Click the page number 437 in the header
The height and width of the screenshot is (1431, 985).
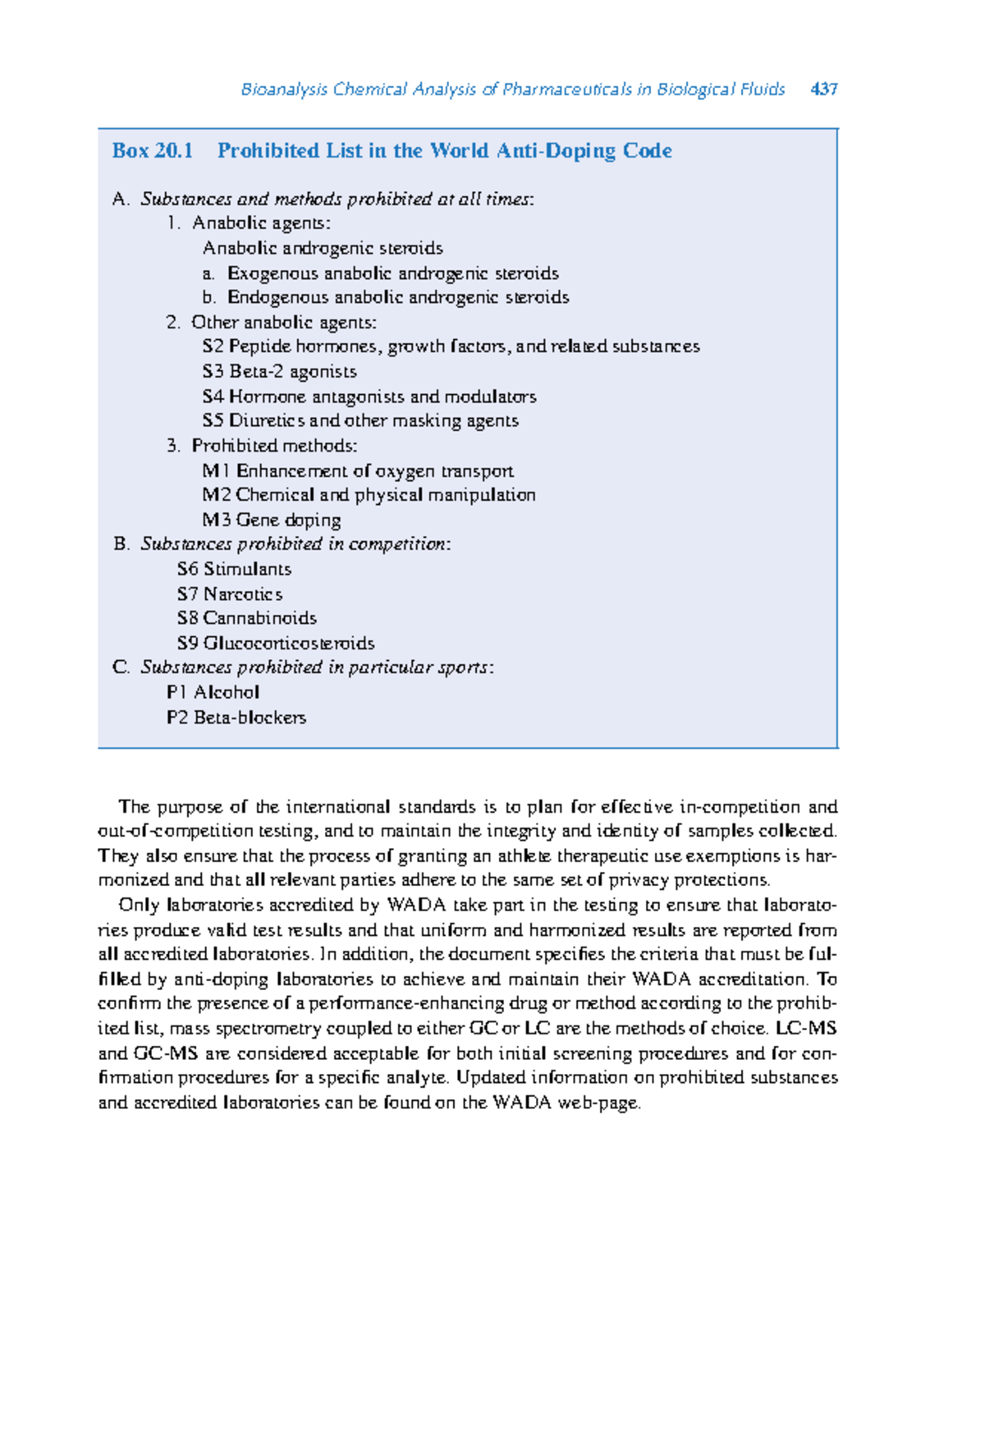[823, 89]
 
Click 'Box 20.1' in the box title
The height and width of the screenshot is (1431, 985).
[153, 151]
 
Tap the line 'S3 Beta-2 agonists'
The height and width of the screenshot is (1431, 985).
[279, 372]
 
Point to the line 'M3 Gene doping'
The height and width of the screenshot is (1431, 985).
[271, 520]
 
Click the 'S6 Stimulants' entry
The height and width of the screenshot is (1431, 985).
[234, 569]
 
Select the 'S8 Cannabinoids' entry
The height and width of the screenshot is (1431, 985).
[246, 618]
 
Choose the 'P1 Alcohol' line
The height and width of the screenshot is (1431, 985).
[213, 692]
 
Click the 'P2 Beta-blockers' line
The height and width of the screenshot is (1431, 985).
[236, 718]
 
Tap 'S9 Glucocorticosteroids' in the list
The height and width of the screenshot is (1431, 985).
[276, 643]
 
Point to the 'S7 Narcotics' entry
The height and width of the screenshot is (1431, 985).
[229, 594]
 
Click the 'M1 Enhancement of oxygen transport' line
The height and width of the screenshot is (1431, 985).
[358, 471]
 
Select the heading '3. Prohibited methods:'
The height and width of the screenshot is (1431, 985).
[262, 446]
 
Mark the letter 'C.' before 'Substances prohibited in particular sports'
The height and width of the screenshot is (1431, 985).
[121, 667]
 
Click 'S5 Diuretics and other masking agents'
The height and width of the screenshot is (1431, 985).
[360, 421]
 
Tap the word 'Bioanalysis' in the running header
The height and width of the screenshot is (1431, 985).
[284, 89]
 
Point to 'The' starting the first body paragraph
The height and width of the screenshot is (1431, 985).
[135, 807]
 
